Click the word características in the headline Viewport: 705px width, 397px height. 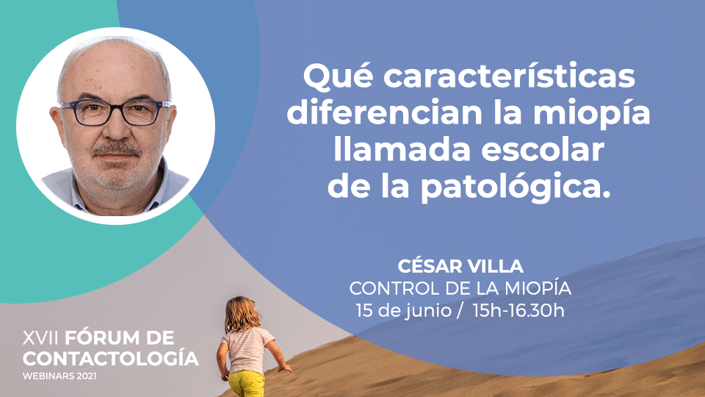coord(509,76)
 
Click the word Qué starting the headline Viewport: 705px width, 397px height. coord(338,77)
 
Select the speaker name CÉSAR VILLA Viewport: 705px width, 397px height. coord(460,266)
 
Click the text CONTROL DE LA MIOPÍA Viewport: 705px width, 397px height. coord(460,288)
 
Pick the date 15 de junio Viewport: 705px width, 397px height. coord(403,310)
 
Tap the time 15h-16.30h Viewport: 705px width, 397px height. coord(518,310)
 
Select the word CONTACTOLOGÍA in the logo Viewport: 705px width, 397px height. coord(111,358)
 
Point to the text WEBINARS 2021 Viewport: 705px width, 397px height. coord(59,376)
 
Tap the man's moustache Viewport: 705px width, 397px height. coord(116,149)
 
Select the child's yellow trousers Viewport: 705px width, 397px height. coord(247,384)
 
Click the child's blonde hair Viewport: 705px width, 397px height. coord(242,314)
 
